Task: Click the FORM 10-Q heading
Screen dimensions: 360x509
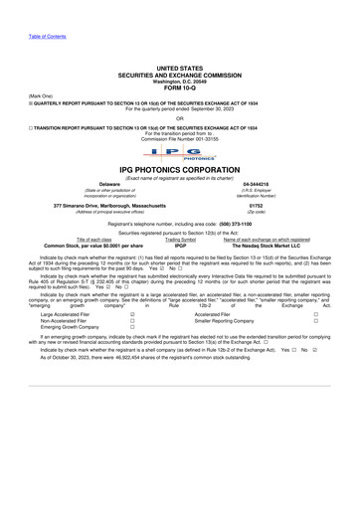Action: [180, 88]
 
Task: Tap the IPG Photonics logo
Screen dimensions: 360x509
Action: [180, 154]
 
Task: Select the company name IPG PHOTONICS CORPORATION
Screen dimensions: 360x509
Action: [180, 169]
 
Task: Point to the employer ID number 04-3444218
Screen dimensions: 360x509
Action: [256, 185]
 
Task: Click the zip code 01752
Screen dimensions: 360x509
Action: [256, 206]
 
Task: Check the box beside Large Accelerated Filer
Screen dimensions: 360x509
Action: [131, 313]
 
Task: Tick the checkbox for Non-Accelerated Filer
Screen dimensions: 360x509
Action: [131, 321]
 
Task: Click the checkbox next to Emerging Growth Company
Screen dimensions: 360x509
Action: [131, 329]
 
